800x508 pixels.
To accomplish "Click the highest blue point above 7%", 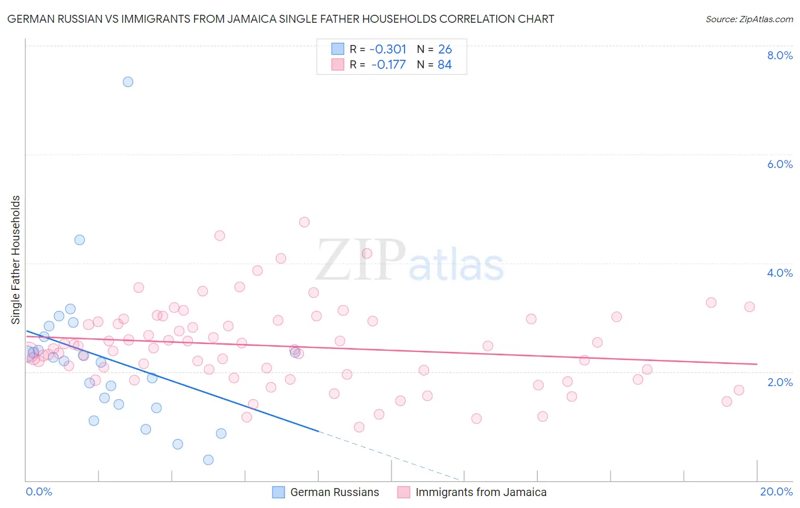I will coord(128,82).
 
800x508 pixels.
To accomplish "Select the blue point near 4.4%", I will coord(80,240).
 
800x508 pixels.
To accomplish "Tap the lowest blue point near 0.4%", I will coord(208,460).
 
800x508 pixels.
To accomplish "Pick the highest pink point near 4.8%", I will coord(304,222).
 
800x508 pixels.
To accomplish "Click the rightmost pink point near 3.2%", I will coord(749,307).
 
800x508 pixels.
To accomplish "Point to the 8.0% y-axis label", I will coord(780,55).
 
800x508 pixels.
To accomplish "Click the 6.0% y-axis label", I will coord(780,164).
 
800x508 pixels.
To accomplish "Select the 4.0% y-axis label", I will coord(780,273).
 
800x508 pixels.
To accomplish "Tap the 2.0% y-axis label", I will coord(780,382).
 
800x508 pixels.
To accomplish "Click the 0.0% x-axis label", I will coord(39,491).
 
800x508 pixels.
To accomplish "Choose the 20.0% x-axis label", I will coord(776,491).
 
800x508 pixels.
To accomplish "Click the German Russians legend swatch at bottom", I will coord(278,493).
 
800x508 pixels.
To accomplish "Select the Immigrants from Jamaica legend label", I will coord(481,493).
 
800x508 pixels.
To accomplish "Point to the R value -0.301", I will coord(387,49).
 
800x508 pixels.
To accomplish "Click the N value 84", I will coord(444,65).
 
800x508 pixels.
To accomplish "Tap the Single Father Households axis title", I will coord(16,260).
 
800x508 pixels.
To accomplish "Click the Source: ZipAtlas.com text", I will coord(749,19).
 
